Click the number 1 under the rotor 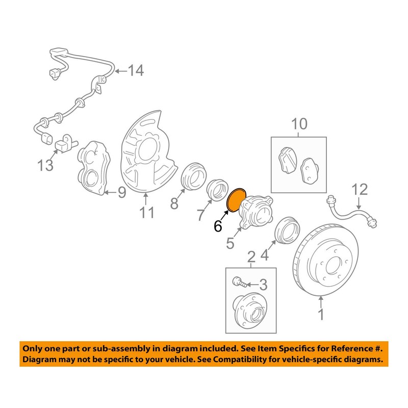click(x=321, y=315)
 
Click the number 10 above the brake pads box click(x=299, y=124)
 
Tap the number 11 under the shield click(x=147, y=212)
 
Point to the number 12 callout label click(x=359, y=190)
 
